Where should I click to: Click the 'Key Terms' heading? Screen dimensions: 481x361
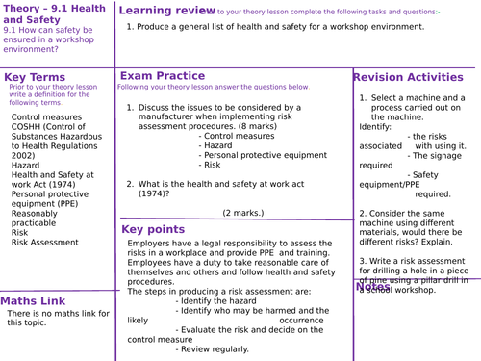point(37,77)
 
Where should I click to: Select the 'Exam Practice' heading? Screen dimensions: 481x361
point(162,75)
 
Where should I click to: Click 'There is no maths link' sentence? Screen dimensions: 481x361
point(53,313)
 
